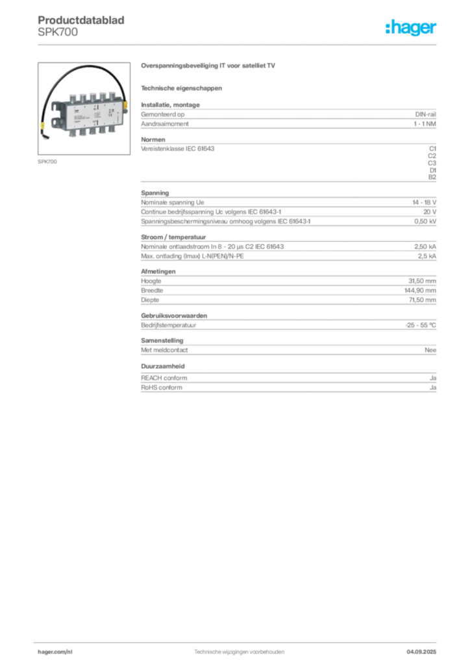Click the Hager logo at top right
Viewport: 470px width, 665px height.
point(411,27)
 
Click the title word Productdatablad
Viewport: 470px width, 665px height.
point(81,20)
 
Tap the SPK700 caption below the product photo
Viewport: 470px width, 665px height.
point(47,162)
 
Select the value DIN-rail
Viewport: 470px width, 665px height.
point(425,114)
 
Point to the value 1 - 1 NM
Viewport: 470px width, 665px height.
point(425,124)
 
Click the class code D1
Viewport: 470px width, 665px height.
point(433,170)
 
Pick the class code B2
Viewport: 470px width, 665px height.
point(432,177)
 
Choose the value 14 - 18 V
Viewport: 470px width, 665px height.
point(424,203)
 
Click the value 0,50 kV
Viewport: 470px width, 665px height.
point(425,221)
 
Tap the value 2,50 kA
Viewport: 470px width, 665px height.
point(425,246)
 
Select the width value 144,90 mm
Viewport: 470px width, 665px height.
point(420,290)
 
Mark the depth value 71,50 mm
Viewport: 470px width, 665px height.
point(422,300)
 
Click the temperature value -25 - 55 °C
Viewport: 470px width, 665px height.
point(421,325)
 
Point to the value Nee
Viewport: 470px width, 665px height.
point(430,350)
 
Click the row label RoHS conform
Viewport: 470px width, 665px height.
point(162,387)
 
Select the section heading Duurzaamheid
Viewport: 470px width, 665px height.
point(163,366)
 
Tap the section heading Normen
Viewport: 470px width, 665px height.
point(153,140)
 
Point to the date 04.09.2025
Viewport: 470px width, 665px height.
point(421,652)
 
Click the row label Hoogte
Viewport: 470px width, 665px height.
point(151,281)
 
